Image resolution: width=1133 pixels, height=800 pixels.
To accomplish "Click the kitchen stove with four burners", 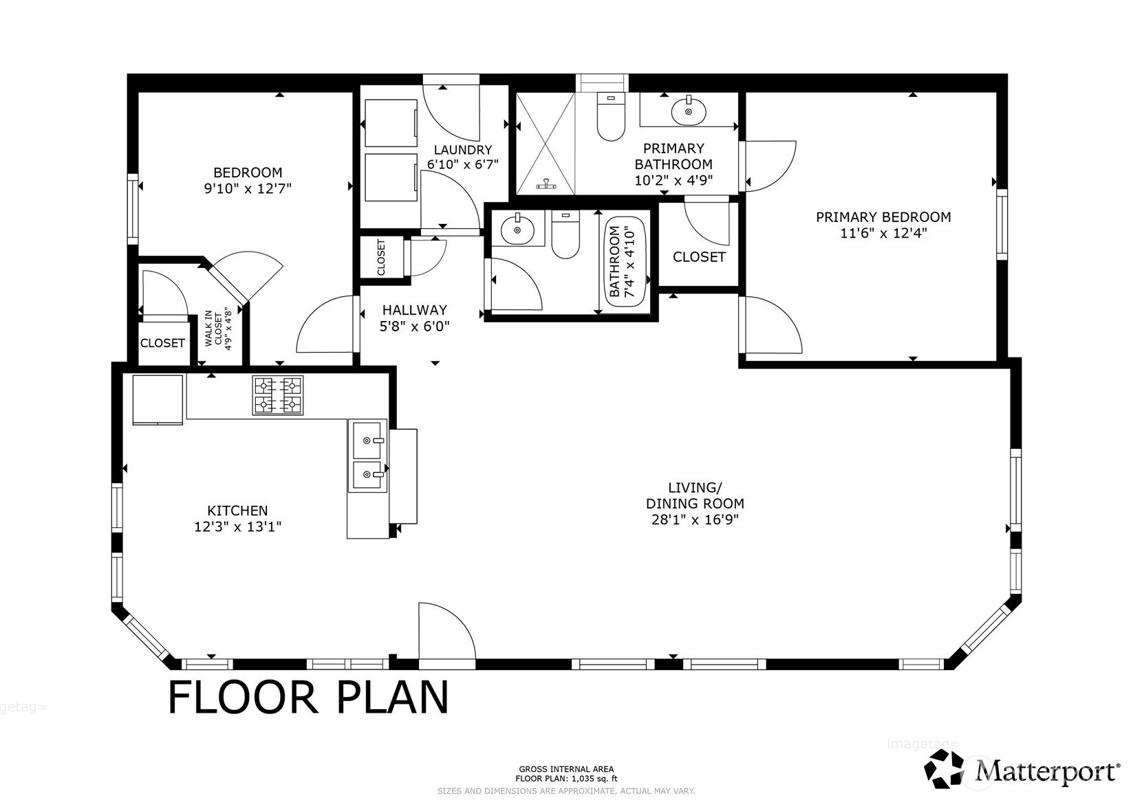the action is point(278,396).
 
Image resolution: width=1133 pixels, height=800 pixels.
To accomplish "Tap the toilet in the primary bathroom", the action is point(611,116).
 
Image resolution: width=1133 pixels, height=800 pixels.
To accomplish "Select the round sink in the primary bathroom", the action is point(689,111).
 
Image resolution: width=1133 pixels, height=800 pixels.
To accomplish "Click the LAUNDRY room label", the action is point(463,150).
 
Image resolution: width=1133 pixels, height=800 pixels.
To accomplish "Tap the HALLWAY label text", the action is point(414,310).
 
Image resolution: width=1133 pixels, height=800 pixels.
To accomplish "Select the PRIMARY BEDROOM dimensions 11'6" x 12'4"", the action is point(883,234).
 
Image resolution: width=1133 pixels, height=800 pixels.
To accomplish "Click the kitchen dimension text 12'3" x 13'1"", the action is point(238,526).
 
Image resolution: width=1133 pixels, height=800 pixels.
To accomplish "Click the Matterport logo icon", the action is point(945,768).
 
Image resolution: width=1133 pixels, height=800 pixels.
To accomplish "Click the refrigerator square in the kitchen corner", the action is point(158,400).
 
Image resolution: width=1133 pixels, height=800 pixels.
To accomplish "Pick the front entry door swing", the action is point(447,631).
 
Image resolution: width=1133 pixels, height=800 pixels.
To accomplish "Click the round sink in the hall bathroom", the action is point(517,230).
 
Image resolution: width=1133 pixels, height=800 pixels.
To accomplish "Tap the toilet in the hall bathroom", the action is point(565,234).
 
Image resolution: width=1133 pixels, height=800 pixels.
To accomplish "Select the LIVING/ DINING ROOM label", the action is point(695,496).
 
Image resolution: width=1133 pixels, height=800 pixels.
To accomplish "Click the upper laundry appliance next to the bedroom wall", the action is point(391,123).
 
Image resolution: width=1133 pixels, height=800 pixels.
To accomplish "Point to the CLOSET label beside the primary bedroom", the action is point(699,257).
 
